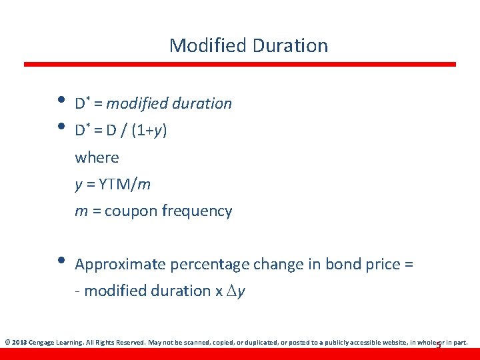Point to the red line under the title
[x=240, y=64]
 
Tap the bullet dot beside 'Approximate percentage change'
[x=61, y=261]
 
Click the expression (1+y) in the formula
[x=149, y=130]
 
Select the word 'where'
[x=97, y=157]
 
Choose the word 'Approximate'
[x=121, y=264]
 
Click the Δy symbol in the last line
[x=236, y=291]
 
